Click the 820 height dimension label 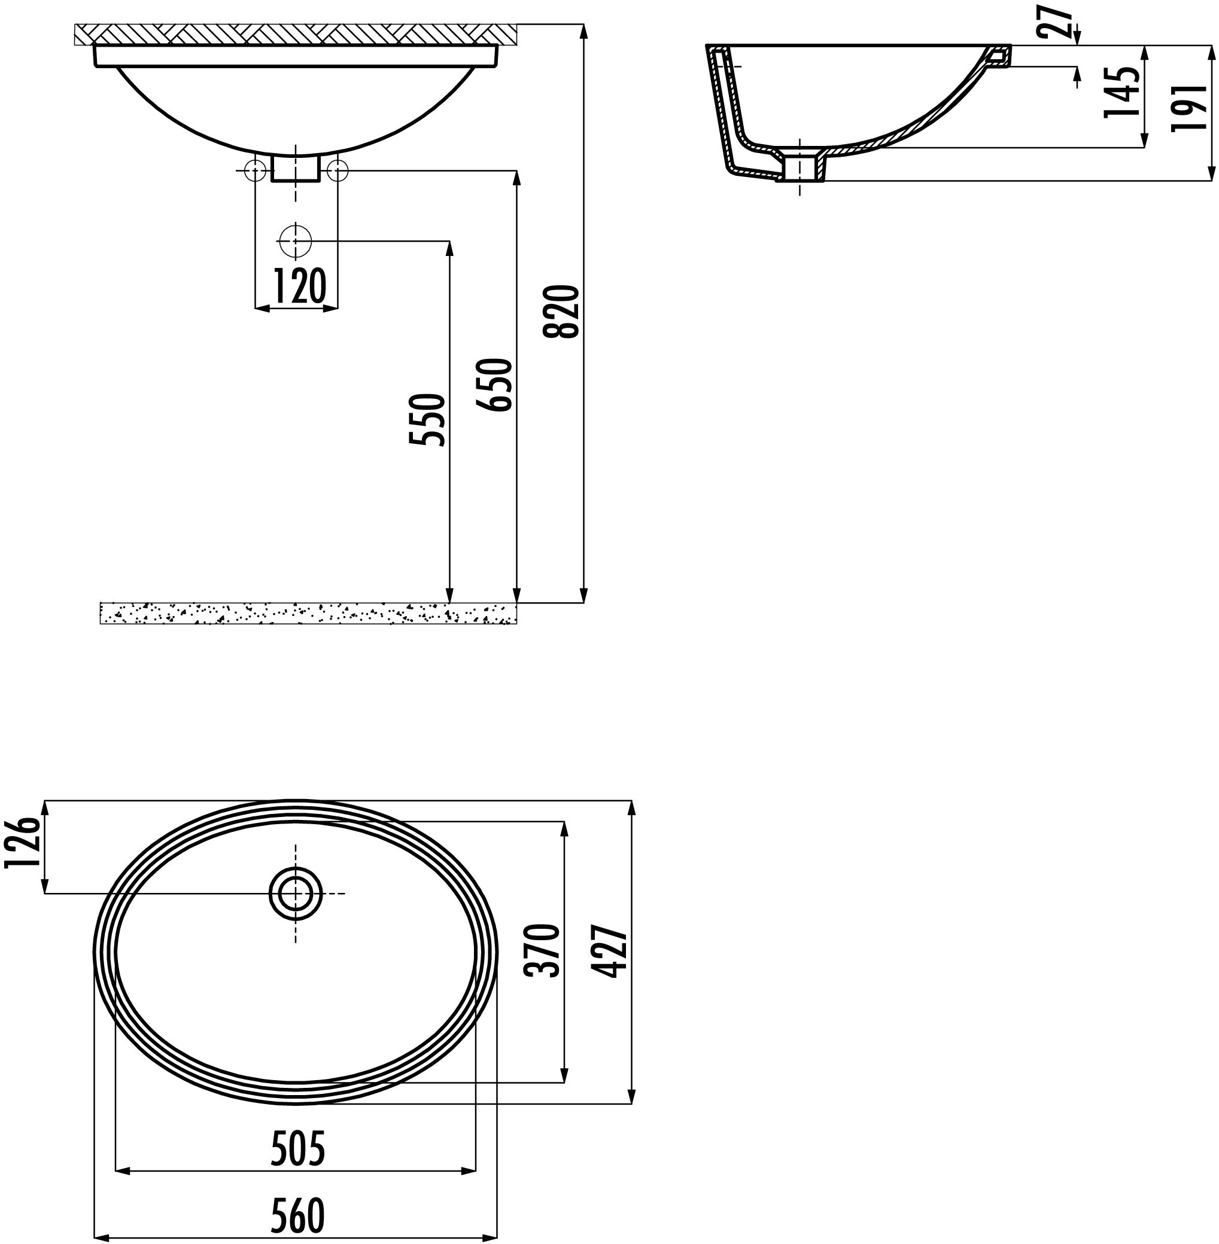[x=561, y=312]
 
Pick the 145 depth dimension [x=1122, y=92]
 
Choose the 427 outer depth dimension [x=608, y=951]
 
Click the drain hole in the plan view [x=295, y=894]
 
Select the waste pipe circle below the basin [x=295, y=241]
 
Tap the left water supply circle [x=255, y=170]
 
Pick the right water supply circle [x=337, y=170]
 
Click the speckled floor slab [x=308, y=613]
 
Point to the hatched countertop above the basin [x=294, y=34]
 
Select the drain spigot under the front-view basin [x=295, y=167]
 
